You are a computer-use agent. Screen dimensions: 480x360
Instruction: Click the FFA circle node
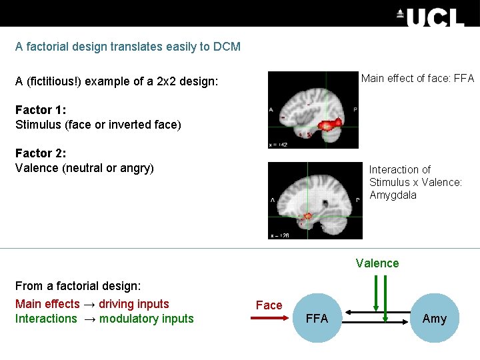(x=317, y=319)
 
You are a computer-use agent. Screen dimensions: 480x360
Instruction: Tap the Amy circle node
(x=435, y=319)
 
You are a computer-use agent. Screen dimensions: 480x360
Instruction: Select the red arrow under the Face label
(x=270, y=319)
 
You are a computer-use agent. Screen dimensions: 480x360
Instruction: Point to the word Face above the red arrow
(x=269, y=305)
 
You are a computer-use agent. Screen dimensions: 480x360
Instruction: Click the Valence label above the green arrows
(x=377, y=263)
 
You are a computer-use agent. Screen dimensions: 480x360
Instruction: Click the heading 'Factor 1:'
(x=41, y=110)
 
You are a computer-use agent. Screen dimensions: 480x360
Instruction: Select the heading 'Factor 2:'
(x=41, y=153)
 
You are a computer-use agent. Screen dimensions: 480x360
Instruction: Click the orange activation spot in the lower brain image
(x=309, y=216)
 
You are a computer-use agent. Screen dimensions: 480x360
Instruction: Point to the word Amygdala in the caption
(x=393, y=195)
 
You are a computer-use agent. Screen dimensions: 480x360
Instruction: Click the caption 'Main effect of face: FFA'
(x=417, y=79)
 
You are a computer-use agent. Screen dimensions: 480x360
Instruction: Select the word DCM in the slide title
(x=227, y=47)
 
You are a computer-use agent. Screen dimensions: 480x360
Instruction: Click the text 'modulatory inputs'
(x=147, y=319)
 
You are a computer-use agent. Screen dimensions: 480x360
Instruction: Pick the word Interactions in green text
(x=46, y=319)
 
